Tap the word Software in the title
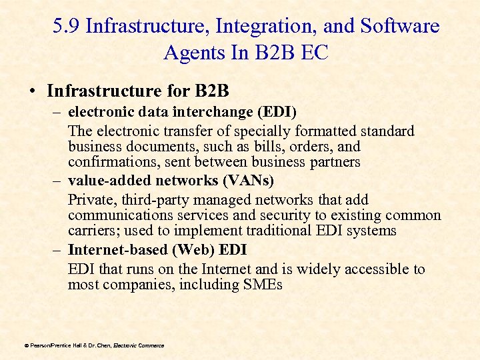401,26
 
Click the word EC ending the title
315,52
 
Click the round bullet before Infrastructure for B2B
33,90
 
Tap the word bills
239,146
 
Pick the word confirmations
111,162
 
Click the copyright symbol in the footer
26,345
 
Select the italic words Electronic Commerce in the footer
139,345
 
